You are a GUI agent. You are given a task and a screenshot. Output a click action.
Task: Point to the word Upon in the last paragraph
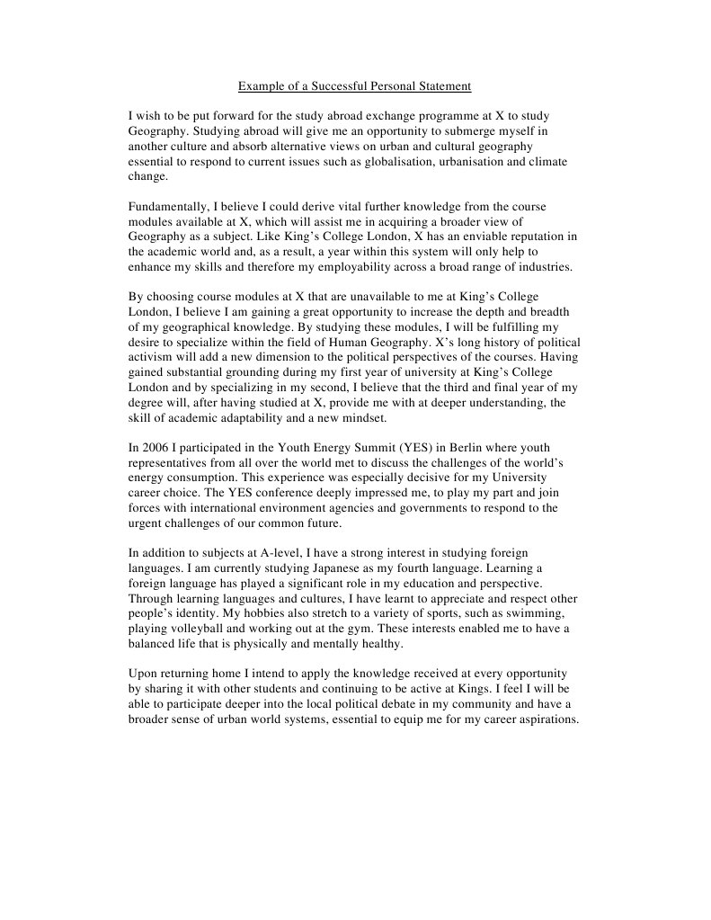[144, 674]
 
